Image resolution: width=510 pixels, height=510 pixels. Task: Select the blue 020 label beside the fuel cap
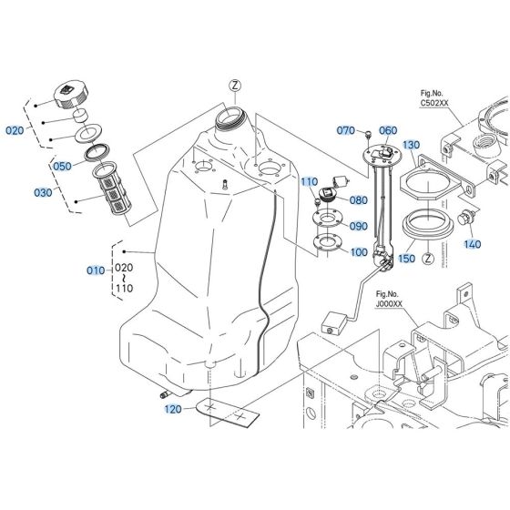(15, 130)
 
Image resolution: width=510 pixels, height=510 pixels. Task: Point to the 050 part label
(62, 167)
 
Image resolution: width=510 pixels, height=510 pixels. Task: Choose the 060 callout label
(389, 131)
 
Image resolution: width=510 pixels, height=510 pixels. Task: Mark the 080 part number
(358, 200)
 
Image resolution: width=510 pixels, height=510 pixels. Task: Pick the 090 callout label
(358, 226)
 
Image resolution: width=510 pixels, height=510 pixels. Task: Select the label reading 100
(358, 251)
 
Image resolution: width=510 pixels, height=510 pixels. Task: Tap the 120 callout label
(173, 410)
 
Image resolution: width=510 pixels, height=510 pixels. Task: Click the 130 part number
(411, 146)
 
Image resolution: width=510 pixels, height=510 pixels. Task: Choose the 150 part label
(407, 259)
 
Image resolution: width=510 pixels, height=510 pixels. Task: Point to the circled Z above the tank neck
(235, 86)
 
